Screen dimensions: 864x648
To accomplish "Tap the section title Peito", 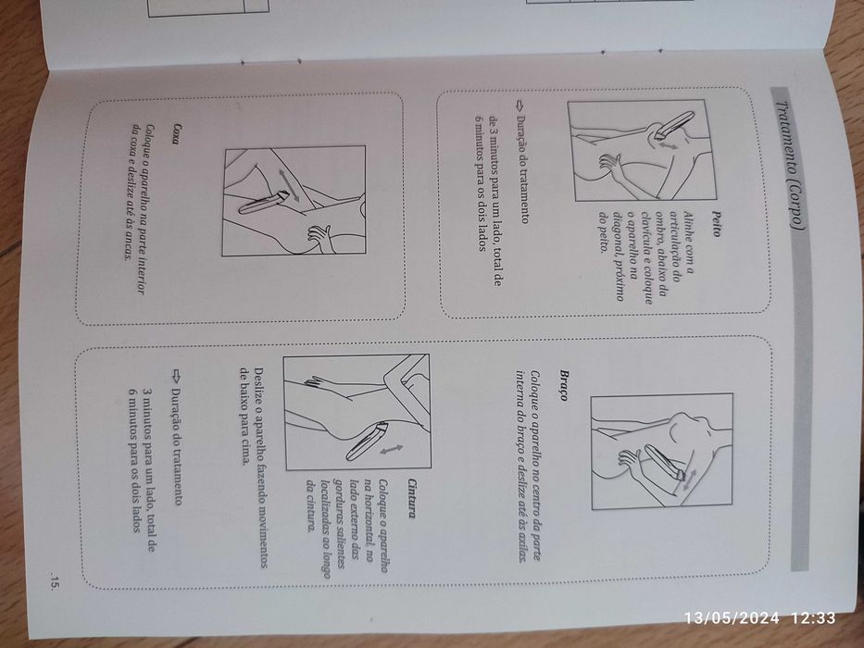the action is [715, 224].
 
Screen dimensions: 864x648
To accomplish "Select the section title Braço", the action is [563, 385].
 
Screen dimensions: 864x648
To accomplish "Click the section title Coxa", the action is [175, 134].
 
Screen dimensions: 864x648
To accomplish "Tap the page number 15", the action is [54, 582].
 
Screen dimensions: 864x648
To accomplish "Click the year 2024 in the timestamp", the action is [760, 617].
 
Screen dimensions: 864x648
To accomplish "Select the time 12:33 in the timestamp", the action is [813, 617].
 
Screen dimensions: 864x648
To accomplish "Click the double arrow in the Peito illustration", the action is [668, 144].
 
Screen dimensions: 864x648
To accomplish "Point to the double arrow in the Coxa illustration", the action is [289, 185].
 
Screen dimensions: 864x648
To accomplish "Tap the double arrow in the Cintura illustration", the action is [391, 450].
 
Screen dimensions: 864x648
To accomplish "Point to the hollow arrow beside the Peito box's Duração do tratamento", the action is [520, 105].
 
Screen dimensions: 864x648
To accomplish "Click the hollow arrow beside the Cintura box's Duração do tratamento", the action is [176, 377].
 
